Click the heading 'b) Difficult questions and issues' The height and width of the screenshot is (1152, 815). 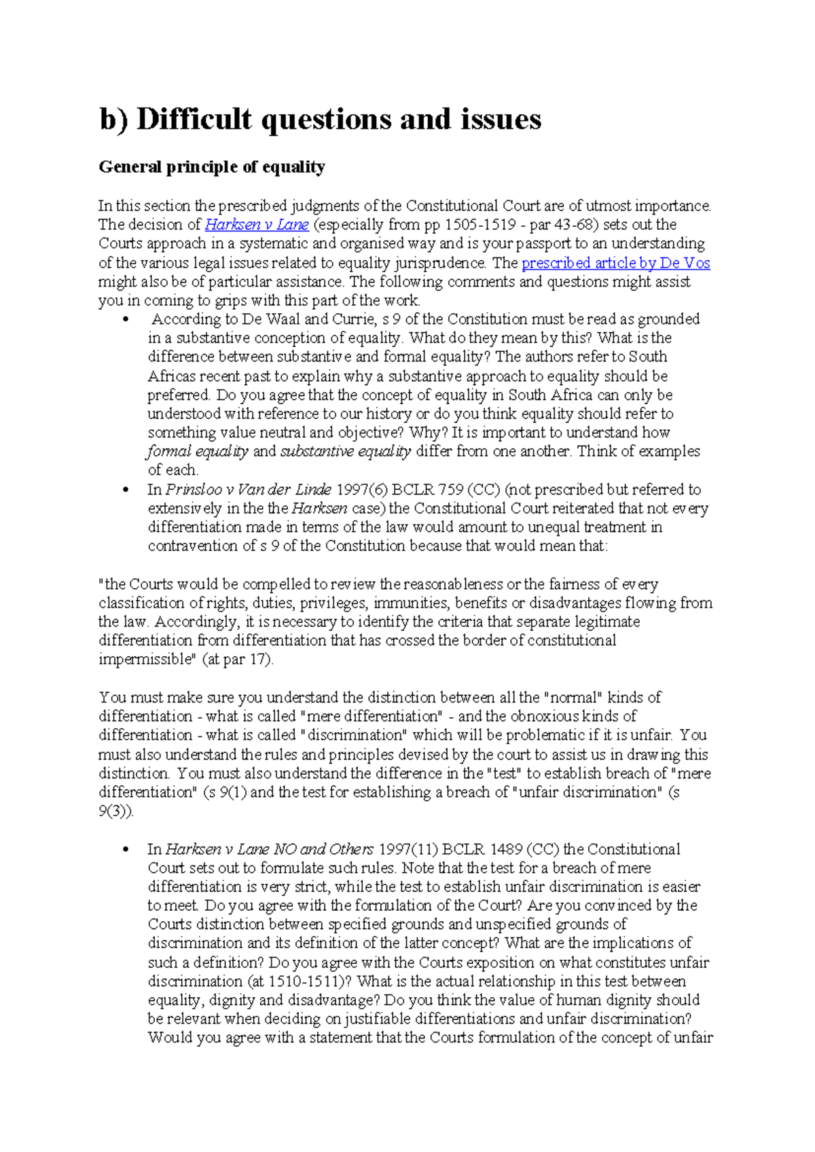(320, 120)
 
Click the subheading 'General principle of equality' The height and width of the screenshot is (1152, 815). (212, 167)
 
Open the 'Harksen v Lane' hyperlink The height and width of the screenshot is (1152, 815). (257, 225)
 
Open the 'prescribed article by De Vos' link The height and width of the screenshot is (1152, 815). (615, 263)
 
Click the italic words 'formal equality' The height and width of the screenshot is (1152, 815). (198, 452)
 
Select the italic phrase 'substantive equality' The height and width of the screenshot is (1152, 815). (345, 452)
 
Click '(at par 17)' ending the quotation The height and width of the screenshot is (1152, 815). (238, 660)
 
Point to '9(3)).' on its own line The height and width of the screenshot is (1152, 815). (116, 811)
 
